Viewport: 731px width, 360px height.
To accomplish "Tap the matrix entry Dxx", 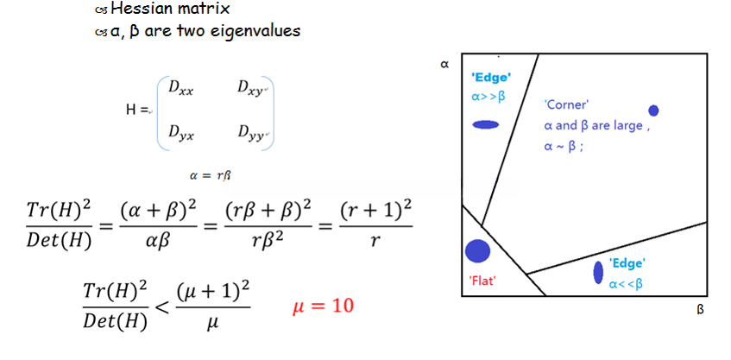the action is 180,88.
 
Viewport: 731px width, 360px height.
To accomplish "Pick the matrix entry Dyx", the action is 180,134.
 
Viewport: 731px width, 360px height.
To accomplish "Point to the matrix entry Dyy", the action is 253,134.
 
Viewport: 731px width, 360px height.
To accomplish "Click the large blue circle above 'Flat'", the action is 478,251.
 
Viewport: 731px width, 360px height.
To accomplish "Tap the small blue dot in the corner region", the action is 653,111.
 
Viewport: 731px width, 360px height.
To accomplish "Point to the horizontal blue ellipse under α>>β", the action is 486,124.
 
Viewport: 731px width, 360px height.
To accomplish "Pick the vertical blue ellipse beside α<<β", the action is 598,272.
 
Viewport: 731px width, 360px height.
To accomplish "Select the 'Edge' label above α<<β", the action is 627,262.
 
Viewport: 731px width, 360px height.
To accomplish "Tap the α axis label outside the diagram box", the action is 445,63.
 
